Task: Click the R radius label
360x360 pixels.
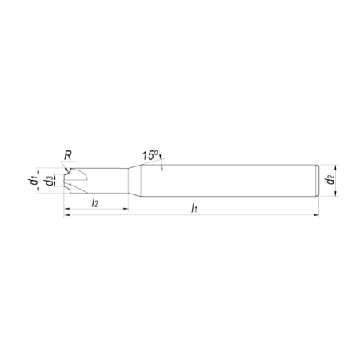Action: [68, 155]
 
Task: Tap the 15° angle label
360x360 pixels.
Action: [150, 155]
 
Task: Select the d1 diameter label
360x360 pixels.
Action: [33, 181]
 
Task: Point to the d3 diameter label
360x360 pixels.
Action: [48, 181]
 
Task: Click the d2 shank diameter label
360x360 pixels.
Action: [330, 181]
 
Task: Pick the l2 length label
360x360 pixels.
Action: [94, 203]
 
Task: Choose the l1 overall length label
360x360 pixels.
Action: [194, 208]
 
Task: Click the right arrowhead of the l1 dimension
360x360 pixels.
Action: [316, 214]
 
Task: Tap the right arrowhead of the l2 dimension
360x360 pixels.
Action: [126, 209]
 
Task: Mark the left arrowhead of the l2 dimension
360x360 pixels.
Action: [67, 209]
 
